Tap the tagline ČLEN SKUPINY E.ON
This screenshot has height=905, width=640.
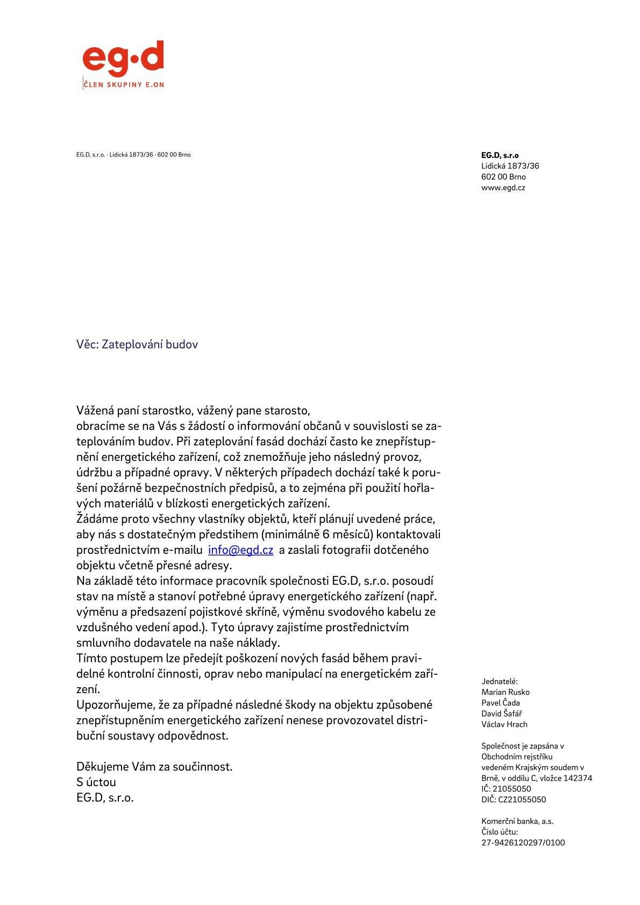124,84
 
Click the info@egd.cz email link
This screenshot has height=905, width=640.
240,550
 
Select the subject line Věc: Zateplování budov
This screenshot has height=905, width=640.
137,344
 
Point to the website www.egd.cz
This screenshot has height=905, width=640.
503,188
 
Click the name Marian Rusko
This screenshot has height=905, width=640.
505,692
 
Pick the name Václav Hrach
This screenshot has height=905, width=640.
504,724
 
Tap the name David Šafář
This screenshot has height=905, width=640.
501,714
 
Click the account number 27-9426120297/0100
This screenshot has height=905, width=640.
523,843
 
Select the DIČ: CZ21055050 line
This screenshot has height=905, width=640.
513,800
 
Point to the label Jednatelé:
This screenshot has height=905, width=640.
499,681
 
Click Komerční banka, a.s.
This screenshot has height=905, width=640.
517,821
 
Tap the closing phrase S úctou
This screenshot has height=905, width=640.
96,782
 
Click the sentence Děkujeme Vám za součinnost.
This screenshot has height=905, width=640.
154,766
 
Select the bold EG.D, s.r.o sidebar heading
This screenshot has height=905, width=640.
500,155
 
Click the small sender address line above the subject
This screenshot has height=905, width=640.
133,155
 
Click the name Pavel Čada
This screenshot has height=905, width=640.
500,703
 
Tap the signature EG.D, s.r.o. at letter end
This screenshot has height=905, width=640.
105,797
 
